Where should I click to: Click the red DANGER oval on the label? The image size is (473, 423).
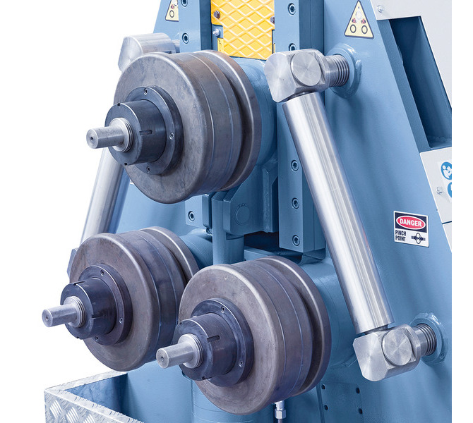[x=410, y=223]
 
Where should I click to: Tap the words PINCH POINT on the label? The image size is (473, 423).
[x=400, y=235]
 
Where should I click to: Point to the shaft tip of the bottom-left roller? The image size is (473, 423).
[x=47, y=317]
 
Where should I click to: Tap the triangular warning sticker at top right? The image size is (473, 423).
[x=359, y=20]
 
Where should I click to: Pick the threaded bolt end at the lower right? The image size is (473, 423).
[x=425, y=339]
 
